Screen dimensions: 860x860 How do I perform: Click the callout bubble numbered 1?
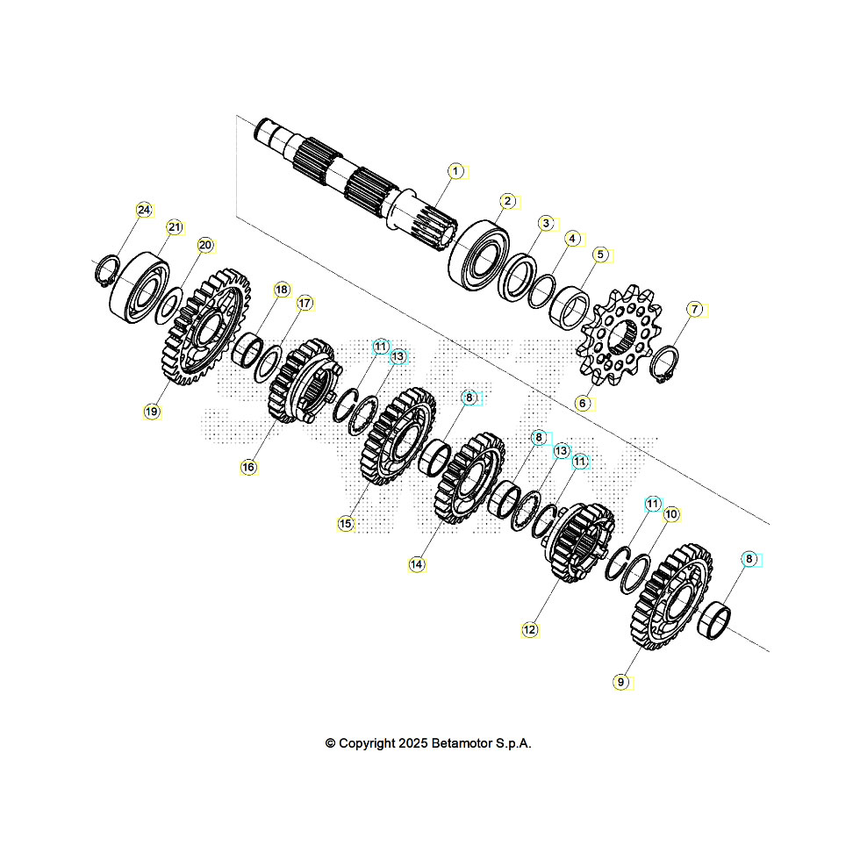(455, 171)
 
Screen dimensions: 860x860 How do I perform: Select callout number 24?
(144, 210)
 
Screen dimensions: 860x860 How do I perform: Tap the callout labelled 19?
(152, 411)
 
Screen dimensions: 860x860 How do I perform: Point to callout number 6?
(582, 403)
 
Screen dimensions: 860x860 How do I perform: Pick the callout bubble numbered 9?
(620, 681)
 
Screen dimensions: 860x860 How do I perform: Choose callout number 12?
(528, 629)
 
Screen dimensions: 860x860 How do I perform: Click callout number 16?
(248, 468)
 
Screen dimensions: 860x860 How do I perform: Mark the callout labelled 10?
(670, 514)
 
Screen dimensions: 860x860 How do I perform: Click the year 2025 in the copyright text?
(412, 743)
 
